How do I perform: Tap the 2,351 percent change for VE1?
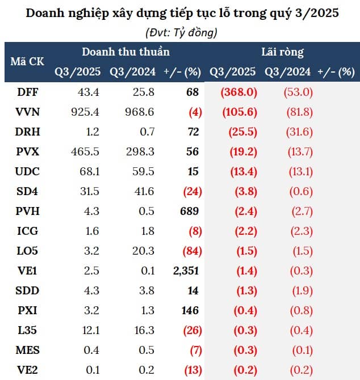coord(186,271)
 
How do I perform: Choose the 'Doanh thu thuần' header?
coord(125,52)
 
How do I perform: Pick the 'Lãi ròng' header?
coord(282,52)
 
